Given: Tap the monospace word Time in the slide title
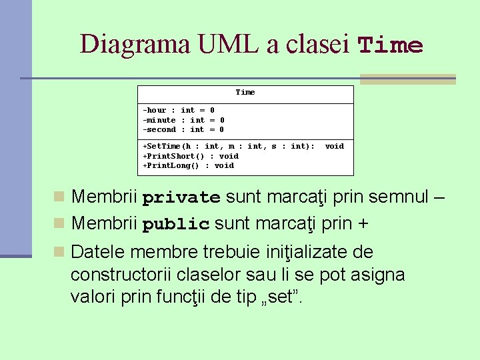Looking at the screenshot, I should (391, 46).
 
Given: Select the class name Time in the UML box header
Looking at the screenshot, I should (245, 92).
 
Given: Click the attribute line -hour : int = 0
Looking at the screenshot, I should (179, 110).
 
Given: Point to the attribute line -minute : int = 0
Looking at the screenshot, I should (183, 120).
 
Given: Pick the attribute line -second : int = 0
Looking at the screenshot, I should (183, 129).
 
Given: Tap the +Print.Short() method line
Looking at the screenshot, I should (191, 156).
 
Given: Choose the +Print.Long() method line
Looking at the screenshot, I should (188, 165).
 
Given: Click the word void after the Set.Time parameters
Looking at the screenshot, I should (334, 146).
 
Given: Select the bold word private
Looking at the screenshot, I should (181, 198).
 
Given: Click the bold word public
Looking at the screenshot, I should (176, 224).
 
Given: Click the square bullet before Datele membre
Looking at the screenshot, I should (59, 252).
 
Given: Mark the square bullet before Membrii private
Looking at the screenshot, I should (59, 197).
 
